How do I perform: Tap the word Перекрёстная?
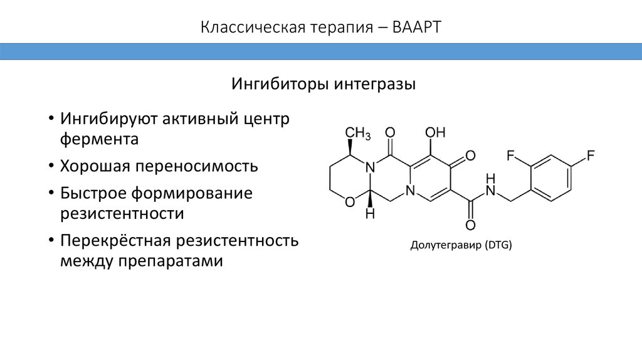click(x=115, y=241)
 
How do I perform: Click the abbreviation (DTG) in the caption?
click(x=498, y=246)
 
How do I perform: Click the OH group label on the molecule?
click(x=435, y=132)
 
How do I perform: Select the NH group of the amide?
click(x=490, y=184)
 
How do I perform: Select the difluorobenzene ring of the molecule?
click(x=551, y=179)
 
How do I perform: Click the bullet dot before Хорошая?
click(x=50, y=167)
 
